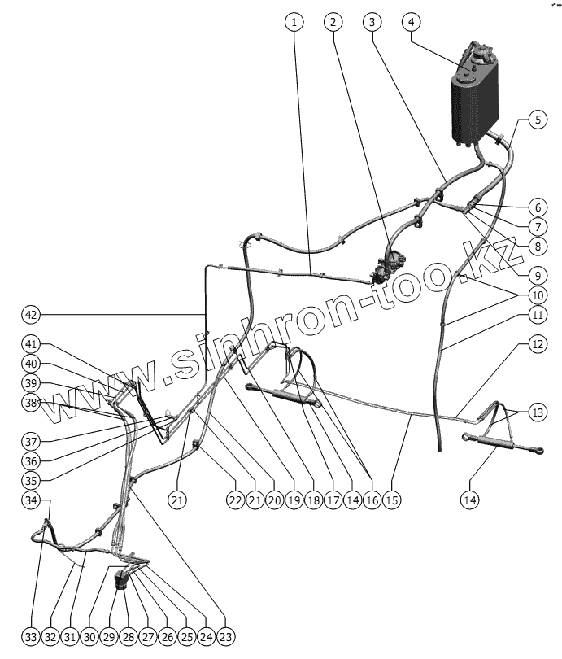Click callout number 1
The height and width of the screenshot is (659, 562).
pyautogui.click(x=294, y=22)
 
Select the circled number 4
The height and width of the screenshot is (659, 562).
pyautogui.click(x=412, y=22)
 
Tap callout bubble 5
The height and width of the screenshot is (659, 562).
pyautogui.click(x=536, y=120)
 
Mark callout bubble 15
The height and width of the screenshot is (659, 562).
pyautogui.click(x=391, y=500)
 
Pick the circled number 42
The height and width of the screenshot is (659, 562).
pyautogui.click(x=30, y=314)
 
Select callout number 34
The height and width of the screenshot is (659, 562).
pyautogui.click(x=30, y=500)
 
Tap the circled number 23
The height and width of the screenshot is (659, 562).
pyautogui.click(x=225, y=635)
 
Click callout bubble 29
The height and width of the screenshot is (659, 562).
pyautogui.click(x=108, y=635)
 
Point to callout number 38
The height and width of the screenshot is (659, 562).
pyautogui.click(x=30, y=403)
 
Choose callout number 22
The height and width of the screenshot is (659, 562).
pyautogui.click(x=235, y=500)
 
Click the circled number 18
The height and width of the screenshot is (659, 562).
pyautogui.click(x=313, y=500)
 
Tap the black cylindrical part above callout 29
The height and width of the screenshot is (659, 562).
pyautogui.click(x=122, y=582)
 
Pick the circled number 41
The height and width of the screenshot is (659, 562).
pyautogui.click(x=30, y=344)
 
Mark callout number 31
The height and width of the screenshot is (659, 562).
pyautogui.click(x=69, y=635)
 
